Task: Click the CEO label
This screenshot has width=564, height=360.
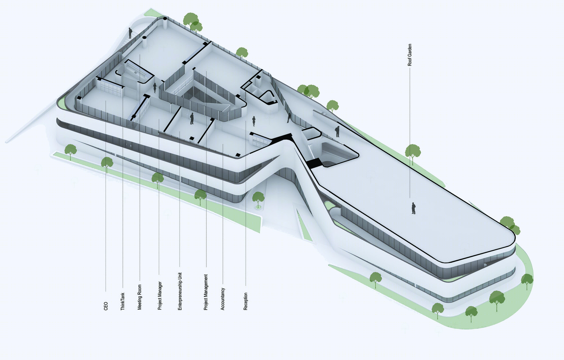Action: (x=106, y=306)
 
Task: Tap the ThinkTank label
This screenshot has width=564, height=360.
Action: (x=122, y=301)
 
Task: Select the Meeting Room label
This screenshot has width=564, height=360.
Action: (x=139, y=297)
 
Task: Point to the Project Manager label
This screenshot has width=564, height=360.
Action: (x=160, y=296)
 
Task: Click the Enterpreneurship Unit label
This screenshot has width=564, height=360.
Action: (x=180, y=291)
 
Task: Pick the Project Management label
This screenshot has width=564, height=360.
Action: (x=206, y=292)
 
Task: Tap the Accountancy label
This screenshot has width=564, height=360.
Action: (x=223, y=299)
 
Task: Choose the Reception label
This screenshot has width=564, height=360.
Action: (x=246, y=301)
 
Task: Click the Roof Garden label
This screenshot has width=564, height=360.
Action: (x=409, y=55)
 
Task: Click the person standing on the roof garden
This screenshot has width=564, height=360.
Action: (x=413, y=208)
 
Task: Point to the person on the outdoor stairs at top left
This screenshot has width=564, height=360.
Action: (x=130, y=33)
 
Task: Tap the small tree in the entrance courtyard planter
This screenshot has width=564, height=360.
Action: (x=258, y=199)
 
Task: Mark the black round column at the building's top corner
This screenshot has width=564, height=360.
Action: (x=165, y=19)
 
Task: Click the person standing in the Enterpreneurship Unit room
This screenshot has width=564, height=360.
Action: (x=192, y=118)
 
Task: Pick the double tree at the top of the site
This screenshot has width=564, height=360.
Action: (x=193, y=23)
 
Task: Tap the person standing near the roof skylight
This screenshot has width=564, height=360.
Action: (x=337, y=131)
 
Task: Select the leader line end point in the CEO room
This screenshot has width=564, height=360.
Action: (x=106, y=101)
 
